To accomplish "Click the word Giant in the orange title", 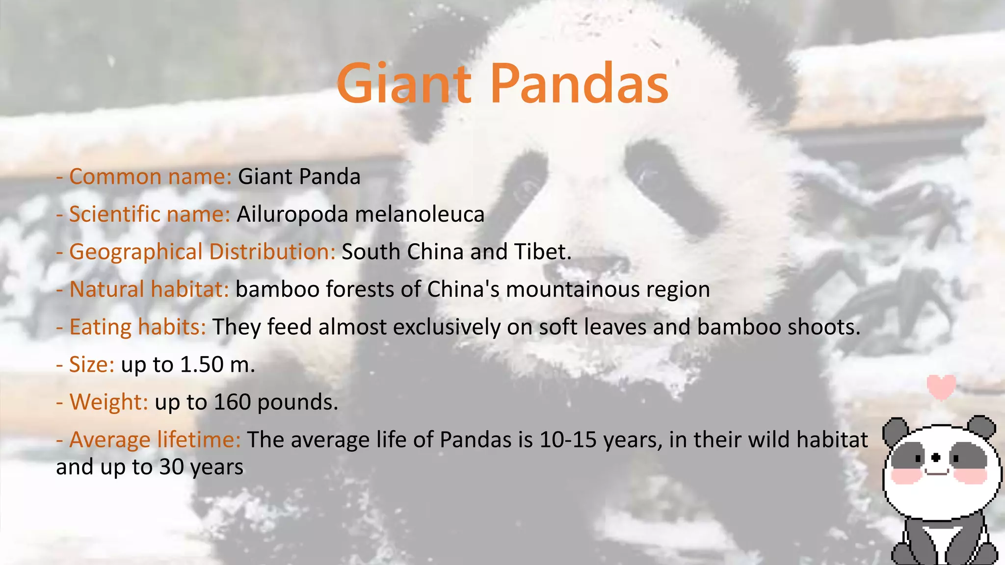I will [x=403, y=84].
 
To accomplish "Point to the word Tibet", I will [x=542, y=252].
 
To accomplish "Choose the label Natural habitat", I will [x=149, y=289].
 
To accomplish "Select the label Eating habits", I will [x=138, y=327].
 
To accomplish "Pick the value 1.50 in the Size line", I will [x=202, y=364].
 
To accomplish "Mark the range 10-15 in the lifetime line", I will [x=568, y=439].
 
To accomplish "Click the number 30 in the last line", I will [x=171, y=467].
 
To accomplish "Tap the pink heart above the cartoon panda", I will [x=941, y=386].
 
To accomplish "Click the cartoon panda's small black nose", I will [x=936, y=458].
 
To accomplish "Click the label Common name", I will [x=150, y=177].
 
